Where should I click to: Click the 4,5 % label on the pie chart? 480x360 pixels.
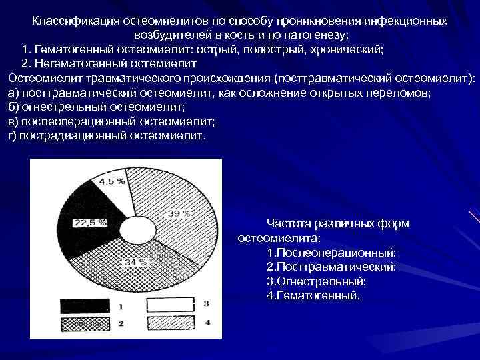112,181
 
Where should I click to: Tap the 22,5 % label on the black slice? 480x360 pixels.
92,223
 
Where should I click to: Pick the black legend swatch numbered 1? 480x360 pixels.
85,306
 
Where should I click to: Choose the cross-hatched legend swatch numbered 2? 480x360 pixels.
85,323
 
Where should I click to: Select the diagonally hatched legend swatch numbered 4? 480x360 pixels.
170,323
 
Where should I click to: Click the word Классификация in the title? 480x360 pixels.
71,21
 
